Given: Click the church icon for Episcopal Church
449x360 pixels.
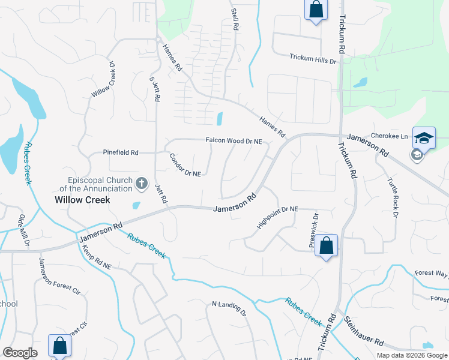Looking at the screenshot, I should point(142,183).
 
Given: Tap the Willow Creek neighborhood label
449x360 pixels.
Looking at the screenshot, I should point(82,200).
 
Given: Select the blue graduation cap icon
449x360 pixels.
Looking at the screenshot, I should point(424,138).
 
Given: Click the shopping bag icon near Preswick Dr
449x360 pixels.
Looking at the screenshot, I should point(326,246).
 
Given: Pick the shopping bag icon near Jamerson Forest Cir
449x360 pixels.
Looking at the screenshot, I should point(59,346).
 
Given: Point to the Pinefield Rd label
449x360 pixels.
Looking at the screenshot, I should point(121,152).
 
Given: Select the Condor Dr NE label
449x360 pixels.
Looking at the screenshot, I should point(184,165).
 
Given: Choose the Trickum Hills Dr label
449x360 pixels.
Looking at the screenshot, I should point(313,58).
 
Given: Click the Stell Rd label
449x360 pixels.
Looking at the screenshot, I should point(235,20).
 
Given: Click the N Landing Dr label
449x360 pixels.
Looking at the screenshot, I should point(229,309).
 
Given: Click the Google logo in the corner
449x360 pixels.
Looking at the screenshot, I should point(20,353).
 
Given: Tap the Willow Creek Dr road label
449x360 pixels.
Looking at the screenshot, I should point(103,79).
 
